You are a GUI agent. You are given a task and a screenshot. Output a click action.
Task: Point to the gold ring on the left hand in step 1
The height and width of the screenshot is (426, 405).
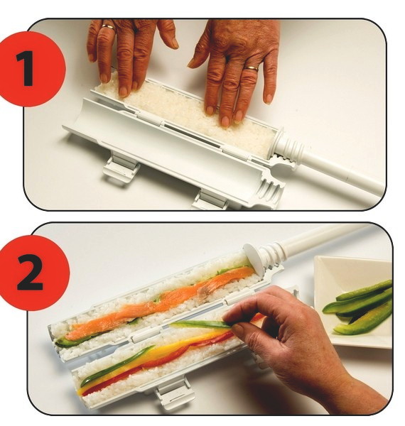coord(108,27)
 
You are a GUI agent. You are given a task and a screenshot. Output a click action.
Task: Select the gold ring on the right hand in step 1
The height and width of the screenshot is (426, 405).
coord(251,68)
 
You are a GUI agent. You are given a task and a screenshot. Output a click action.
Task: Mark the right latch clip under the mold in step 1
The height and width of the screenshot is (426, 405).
coord(210,201)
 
